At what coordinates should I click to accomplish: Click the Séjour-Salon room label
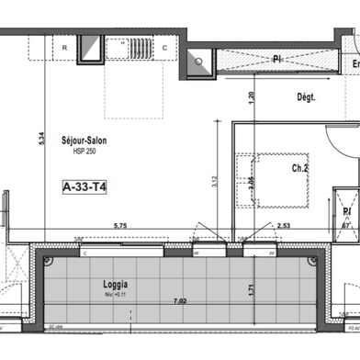[84, 142]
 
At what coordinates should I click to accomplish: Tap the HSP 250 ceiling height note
[84, 152]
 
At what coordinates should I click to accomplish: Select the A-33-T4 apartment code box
[85, 187]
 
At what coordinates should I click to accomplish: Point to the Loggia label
[117, 285]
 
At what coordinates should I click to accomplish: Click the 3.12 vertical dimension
[215, 181]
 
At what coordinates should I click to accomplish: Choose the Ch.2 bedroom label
[300, 168]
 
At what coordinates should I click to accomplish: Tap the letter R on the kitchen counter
[64, 47]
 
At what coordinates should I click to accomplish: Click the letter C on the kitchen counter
[165, 47]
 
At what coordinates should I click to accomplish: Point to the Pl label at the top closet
[276, 60]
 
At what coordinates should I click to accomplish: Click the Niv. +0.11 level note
[116, 296]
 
